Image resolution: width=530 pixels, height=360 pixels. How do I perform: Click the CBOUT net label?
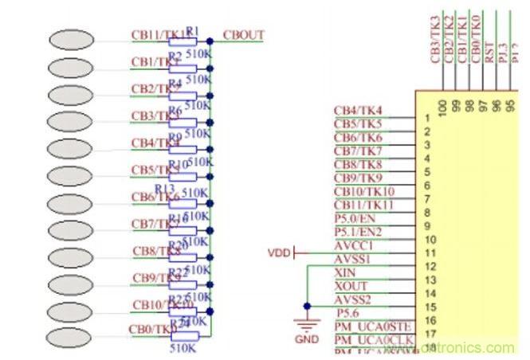(244, 36)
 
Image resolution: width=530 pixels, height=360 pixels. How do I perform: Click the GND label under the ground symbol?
(306, 338)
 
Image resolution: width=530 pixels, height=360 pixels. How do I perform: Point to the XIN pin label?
(351, 272)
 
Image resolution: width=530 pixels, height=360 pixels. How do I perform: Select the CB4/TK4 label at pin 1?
(358, 110)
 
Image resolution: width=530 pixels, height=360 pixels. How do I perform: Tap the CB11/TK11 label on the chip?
(364, 205)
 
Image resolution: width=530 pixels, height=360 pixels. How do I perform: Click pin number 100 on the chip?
(442, 105)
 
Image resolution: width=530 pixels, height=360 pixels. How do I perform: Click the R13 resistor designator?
(165, 188)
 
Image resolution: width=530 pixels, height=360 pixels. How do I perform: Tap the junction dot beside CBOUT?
(210, 41)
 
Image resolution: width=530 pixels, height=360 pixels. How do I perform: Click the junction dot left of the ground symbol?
(306, 305)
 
